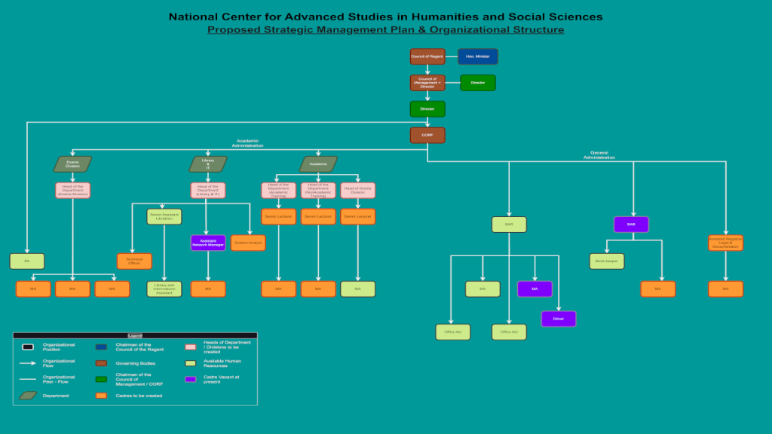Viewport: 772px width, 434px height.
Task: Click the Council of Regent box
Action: (x=427, y=57)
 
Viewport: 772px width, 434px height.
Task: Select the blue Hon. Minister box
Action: (x=478, y=57)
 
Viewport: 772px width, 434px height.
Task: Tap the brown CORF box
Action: (x=427, y=135)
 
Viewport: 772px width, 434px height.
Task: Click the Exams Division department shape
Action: (x=72, y=164)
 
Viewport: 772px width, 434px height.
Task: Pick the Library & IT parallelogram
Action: (x=208, y=164)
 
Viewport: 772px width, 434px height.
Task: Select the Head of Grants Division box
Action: (x=357, y=190)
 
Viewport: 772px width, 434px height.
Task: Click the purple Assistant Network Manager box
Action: (x=208, y=243)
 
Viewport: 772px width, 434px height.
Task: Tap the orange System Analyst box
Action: (x=248, y=243)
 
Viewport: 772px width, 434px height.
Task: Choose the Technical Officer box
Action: (x=134, y=261)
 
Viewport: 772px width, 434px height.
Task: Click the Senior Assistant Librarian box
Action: (x=164, y=217)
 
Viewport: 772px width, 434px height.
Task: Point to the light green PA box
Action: (x=27, y=261)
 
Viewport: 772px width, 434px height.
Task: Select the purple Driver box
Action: (x=559, y=319)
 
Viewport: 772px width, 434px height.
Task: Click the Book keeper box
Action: (x=607, y=261)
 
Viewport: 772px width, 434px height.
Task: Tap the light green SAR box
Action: (x=509, y=225)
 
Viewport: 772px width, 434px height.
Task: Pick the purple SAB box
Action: (x=631, y=225)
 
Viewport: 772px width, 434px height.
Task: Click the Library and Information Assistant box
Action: (x=164, y=289)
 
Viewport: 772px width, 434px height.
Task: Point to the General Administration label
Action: (x=599, y=155)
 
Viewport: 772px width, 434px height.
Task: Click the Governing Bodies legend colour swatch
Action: (x=101, y=362)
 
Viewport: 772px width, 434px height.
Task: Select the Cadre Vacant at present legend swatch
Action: (x=190, y=379)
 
